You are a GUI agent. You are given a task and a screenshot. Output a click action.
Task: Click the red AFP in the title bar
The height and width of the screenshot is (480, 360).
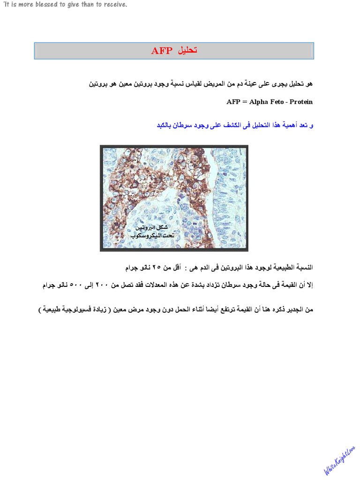(162, 51)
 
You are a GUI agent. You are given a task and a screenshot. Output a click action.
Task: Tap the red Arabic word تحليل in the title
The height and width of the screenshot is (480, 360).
(186, 51)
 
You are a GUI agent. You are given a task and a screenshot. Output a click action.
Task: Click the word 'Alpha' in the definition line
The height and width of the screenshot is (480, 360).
(259, 102)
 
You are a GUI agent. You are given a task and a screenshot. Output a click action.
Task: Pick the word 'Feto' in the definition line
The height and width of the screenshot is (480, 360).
(280, 102)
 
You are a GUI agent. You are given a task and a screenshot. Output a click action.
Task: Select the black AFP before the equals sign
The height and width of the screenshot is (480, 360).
(233, 102)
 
